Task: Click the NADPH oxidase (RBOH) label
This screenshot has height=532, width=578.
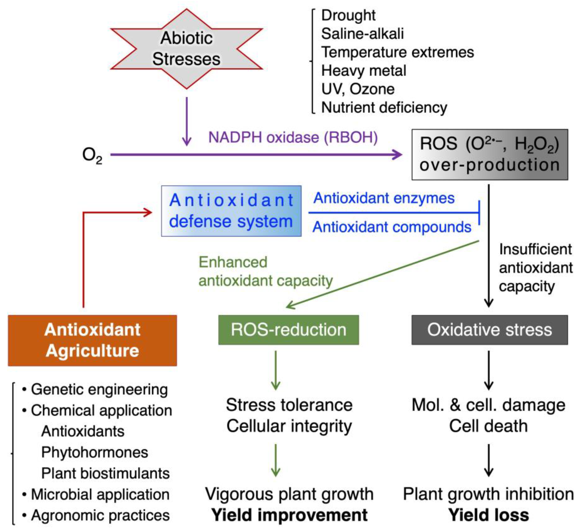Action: click(293, 137)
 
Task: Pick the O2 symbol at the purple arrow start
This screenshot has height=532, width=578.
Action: click(92, 155)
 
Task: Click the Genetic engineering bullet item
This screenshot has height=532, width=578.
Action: click(99, 389)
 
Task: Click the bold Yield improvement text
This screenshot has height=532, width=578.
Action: click(289, 515)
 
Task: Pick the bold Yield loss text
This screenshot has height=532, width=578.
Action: click(489, 515)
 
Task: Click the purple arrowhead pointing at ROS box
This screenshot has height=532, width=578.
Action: click(398, 155)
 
